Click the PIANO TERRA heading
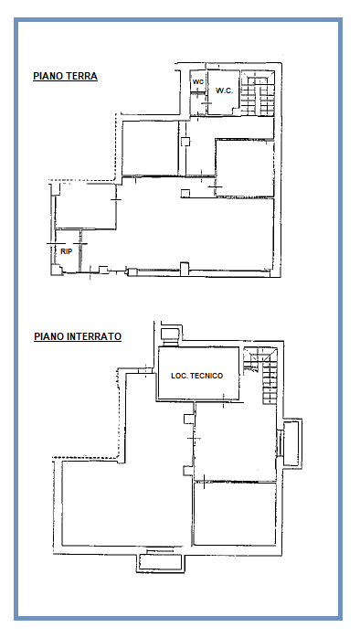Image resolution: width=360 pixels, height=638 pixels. click(65, 76)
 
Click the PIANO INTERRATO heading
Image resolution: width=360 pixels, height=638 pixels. click(78, 336)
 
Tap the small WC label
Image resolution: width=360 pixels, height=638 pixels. click(198, 81)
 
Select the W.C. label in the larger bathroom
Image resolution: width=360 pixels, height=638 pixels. click(224, 90)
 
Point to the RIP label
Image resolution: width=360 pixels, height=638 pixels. click(67, 251)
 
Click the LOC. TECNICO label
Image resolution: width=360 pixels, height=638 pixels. click(196, 376)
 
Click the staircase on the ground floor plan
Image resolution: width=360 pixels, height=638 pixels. click(258, 93)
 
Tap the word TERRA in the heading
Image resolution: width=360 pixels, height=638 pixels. click(83, 76)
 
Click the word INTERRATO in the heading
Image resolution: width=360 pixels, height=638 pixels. click(94, 336)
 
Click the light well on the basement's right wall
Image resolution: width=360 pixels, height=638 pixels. click(292, 443)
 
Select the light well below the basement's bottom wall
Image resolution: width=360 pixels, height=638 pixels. click(160, 562)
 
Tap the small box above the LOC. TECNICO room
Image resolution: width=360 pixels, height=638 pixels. click(170, 335)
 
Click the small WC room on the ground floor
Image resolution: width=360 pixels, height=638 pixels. click(198, 92)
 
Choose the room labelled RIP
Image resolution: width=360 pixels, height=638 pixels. click(68, 251)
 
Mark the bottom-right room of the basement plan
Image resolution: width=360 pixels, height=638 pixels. click(235, 514)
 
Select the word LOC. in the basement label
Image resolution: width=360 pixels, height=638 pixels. click(178, 376)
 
